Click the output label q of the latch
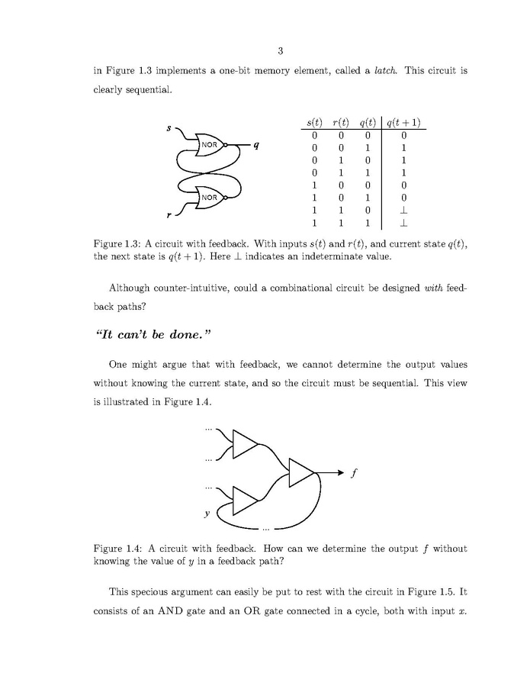click(x=257, y=145)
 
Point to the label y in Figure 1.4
click(x=207, y=514)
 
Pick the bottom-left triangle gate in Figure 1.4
click(x=244, y=500)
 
